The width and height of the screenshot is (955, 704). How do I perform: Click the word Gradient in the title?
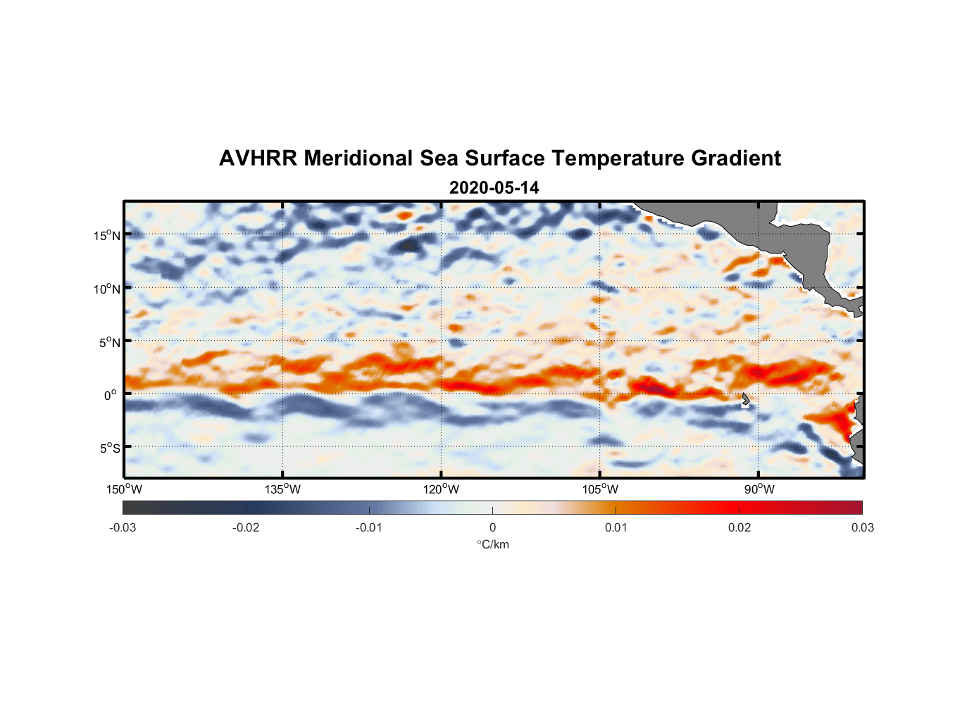click(x=735, y=158)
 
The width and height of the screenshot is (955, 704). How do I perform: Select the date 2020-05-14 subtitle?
click(x=494, y=188)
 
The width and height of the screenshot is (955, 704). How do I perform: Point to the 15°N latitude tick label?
click(x=107, y=235)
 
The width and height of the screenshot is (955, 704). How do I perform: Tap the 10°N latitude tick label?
click(x=107, y=289)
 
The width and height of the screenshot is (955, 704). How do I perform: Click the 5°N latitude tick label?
click(x=110, y=342)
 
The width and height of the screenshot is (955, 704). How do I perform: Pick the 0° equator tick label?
click(x=111, y=395)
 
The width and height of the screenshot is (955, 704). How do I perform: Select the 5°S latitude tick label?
click(x=110, y=448)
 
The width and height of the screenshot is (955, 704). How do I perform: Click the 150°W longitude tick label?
click(x=125, y=489)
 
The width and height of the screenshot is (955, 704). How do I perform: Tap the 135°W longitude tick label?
click(x=283, y=489)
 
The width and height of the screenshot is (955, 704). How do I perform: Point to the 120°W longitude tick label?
click(x=442, y=489)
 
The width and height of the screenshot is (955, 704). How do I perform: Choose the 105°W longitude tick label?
click(x=600, y=489)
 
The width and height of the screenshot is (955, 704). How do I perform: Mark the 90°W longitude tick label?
click(x=759, y=489)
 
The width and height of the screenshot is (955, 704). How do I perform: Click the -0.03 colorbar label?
click(x=123, y=527)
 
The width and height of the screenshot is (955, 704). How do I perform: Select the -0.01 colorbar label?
click(x=369, y=527)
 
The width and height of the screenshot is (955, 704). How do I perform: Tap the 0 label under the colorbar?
click(x=492, y=527)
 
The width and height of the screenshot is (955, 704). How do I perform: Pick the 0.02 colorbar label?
click(x=739, y=527)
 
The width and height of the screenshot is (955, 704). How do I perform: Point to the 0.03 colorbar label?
click(x=862, y=527)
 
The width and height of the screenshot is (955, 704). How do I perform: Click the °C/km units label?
click(x=493, y=544)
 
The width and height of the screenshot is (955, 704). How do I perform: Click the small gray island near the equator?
click(x=745, y=398)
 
